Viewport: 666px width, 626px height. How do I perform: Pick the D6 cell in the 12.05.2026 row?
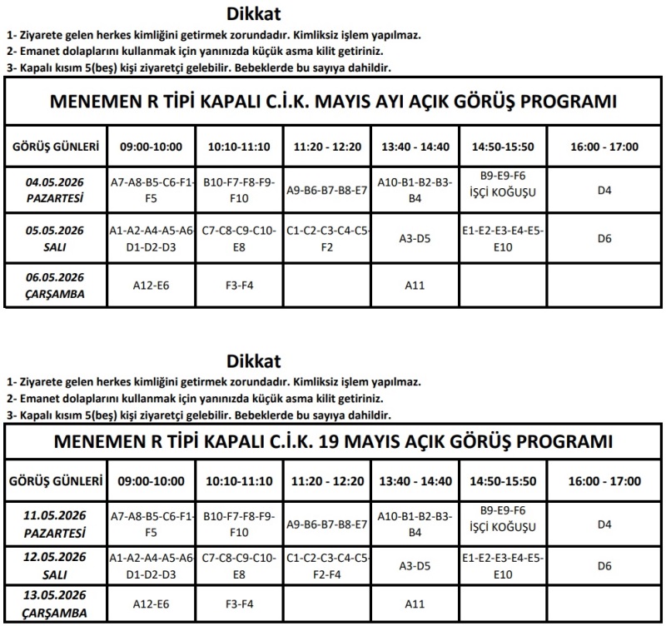604,566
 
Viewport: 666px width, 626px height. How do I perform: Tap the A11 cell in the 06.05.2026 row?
415,286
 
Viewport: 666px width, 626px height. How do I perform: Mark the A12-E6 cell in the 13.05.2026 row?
151,604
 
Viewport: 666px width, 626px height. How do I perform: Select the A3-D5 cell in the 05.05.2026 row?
415,239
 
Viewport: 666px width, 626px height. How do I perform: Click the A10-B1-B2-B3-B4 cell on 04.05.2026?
415,190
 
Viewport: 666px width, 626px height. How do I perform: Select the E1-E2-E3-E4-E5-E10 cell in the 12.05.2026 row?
503,565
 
